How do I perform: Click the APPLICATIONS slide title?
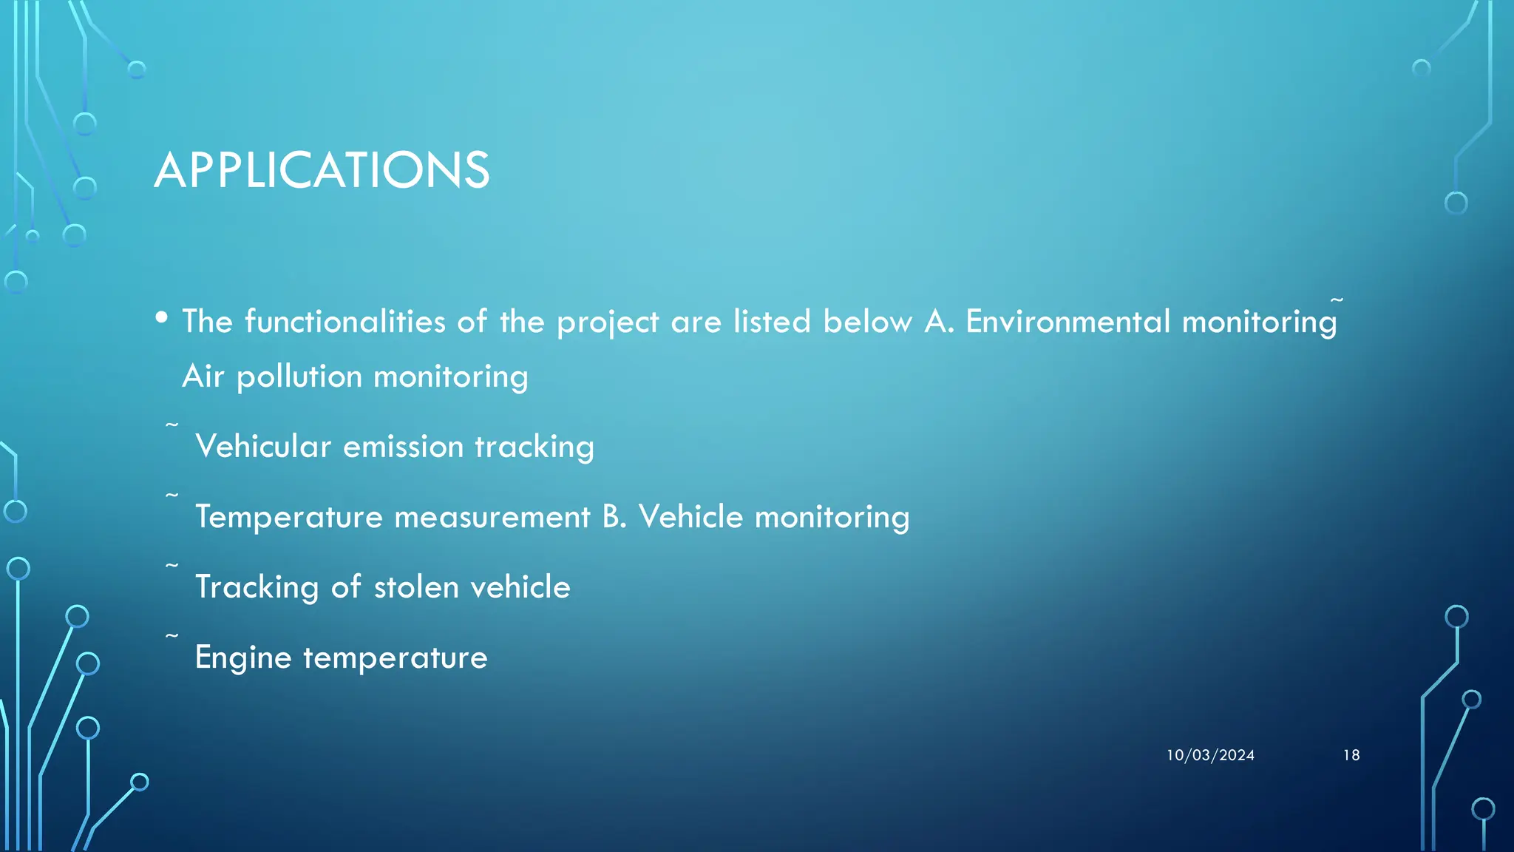click(x=322, y=170)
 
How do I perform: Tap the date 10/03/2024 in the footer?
click(x=1210, y=755)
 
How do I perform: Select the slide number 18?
click(x=1351, y=755)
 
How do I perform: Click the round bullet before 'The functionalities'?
click(x=162, y=319)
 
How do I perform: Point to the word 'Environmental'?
click(x=1067, y=322)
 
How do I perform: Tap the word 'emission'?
click(x=403, y=447)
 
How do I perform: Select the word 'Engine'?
click(x=243, y=657)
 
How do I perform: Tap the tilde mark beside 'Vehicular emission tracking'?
click(x=172, y=425)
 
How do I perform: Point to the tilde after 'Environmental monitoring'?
click(x=1337, y=300)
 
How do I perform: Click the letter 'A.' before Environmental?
click(x=939, y=322)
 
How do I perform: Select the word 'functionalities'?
click(x=344, y=322)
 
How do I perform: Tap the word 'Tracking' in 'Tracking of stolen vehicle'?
click(x=257, y=587)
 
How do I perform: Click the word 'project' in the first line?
click(x=607, y=322)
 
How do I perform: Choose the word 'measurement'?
click(x=492, y=517)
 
